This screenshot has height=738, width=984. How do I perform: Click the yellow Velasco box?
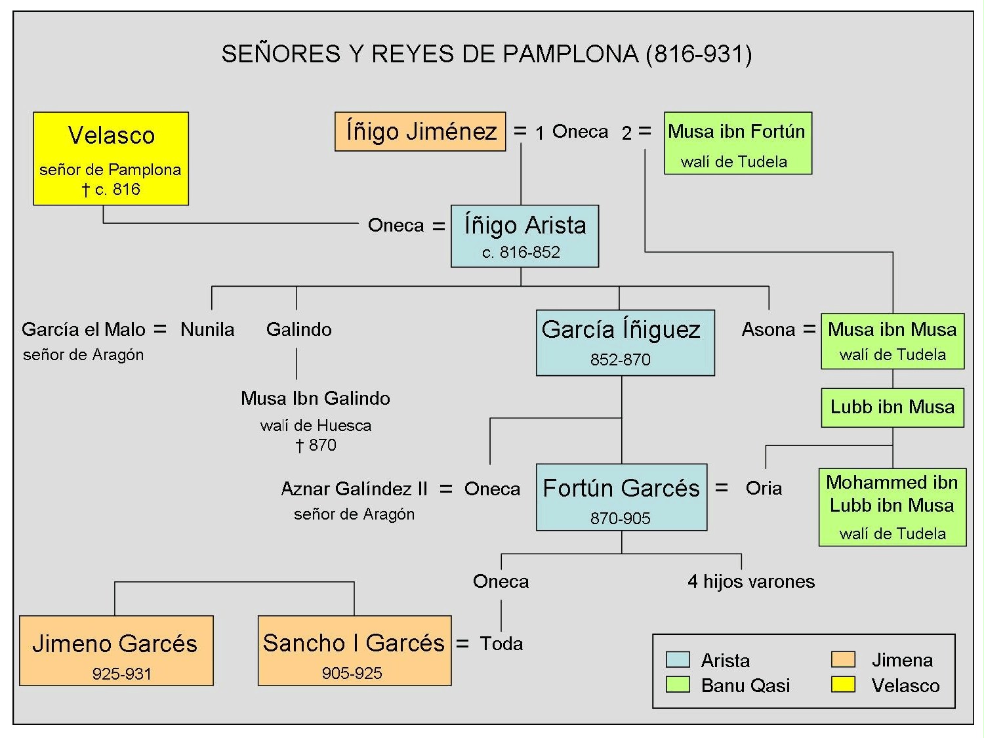click(x=111, y=158)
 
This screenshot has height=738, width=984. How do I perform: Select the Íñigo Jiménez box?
click(x=420, y=131)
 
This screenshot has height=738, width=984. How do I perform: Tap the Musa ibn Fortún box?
click(x=737, y=143)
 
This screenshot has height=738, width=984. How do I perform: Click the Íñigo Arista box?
click(x=524, y=236)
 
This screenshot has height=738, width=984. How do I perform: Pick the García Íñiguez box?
click(x=625, y=342)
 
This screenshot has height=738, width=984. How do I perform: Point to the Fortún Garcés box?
click(x=621, y=497)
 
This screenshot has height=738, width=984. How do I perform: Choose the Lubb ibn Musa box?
click(x=892, y=407)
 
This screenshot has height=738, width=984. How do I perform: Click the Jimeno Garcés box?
click(x=116, y=650)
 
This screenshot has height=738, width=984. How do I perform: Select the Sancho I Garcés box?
click(x=354, y=650)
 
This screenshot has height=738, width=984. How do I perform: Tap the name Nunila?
click(x=207, y=329)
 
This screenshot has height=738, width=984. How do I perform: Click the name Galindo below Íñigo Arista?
click(x=298, y=329)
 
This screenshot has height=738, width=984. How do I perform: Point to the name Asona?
click(x=768, y=329)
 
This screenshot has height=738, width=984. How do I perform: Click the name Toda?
click(x=501, y=644)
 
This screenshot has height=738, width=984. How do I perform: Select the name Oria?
click(x=764, y=488)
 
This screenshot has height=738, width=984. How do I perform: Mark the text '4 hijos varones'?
click(x=751, y=581)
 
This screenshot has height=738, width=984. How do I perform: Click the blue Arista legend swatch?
click(x=678, y=659)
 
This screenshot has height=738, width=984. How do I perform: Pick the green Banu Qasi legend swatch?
click(x=678, y=685)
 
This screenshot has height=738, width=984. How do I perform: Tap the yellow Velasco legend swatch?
click(x=843, y=685)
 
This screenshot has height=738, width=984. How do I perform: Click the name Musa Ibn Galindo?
click(x=316, y=398)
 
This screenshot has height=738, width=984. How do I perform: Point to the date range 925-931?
click(x=122, y=674)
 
